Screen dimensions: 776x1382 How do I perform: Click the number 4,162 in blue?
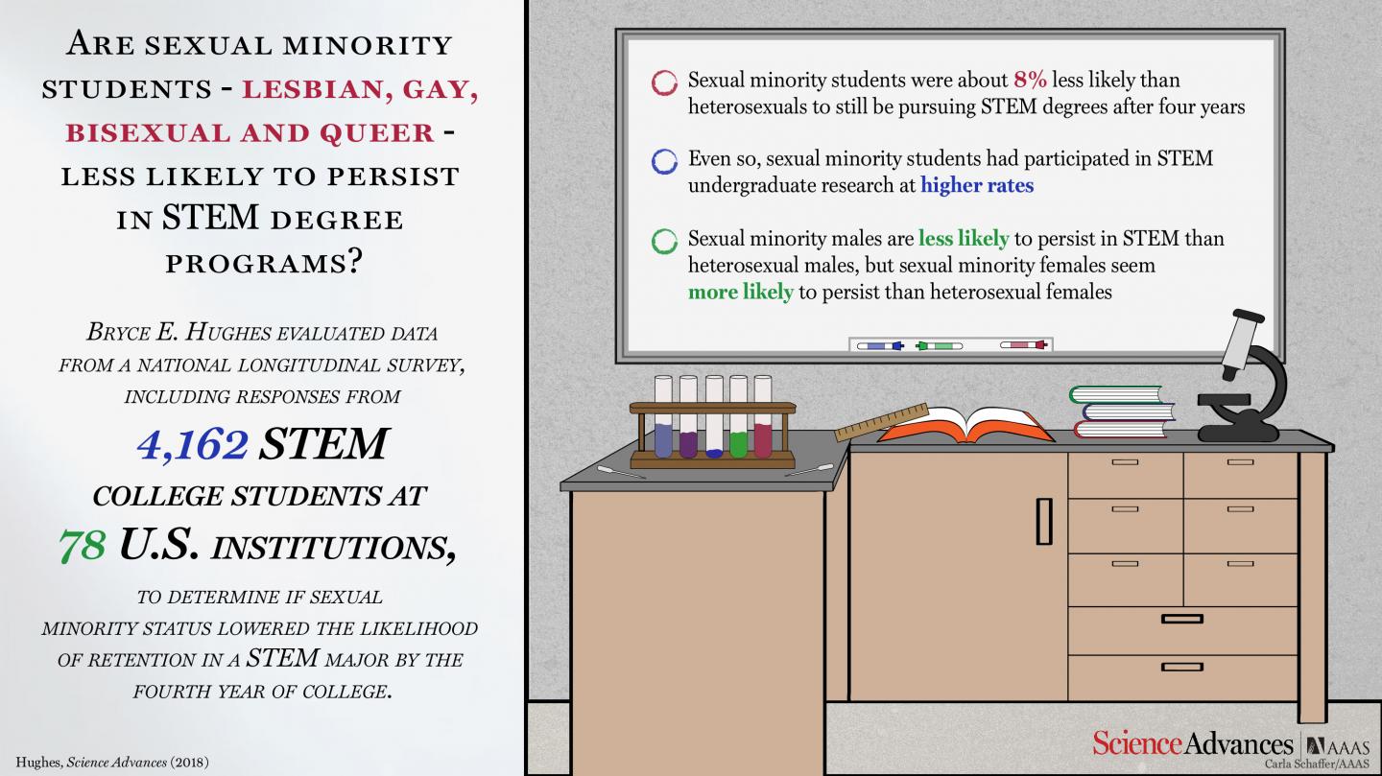pos(192,444)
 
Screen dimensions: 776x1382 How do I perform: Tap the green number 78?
pos(81,546)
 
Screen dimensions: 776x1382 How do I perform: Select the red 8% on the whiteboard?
pos(1030,81)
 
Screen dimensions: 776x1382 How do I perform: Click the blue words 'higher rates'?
pos(977,185)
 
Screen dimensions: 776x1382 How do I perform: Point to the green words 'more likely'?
pos(740,292)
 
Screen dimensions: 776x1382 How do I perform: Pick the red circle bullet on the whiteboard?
pos(663,82)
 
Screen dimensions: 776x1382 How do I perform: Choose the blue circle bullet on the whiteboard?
pos(663,161)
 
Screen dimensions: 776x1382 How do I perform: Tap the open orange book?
pos(965,426)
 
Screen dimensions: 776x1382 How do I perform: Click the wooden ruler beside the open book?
pos(880,421)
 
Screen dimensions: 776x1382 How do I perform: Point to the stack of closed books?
pos(1121,412)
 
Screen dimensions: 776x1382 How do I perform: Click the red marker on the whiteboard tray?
pos(1025,344)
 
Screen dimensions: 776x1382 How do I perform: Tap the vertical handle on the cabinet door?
pos(1044,521)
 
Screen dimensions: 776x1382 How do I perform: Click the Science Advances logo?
pos(1193,743)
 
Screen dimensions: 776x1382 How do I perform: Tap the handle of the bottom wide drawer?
pos(1181,667)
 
